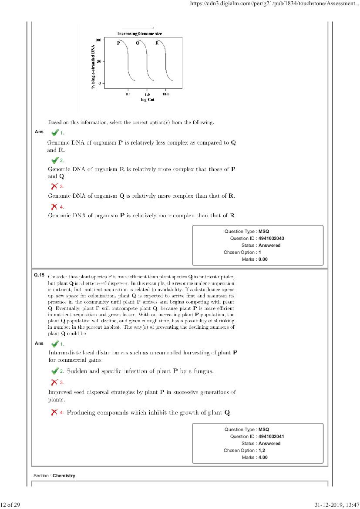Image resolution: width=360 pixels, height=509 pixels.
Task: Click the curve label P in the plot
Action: (x=118, y=43)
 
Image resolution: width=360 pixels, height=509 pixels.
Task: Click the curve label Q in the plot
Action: (x=138, y=43)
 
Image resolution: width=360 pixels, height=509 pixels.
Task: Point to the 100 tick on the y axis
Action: (x=98, y=40)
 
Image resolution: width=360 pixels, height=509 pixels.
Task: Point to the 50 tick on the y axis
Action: (x=99, y=61)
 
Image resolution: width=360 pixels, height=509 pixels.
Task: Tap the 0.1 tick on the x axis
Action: (x=128, y=94)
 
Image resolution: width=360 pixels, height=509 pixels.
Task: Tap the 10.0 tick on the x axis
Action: (x=166, y=94)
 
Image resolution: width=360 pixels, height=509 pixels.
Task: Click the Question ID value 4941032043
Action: (x=272, y=239)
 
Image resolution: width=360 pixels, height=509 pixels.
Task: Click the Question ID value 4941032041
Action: (x=272, y=437)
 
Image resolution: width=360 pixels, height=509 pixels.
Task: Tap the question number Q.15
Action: (x=39, y=276)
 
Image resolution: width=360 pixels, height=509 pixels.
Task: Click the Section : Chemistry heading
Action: (x=54, y=476)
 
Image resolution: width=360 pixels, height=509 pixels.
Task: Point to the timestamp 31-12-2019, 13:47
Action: (x=335, y=505)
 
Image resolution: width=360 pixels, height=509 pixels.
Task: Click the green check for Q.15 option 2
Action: (x=55, y=371)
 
